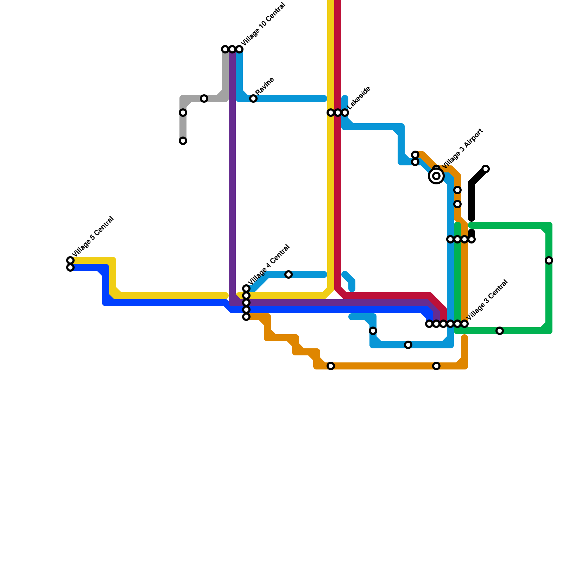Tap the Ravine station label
click(x=265, y=86)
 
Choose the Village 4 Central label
click(x=269, y=265)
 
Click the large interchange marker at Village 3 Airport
click(x=436, y=176)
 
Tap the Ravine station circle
click(x=253, y=99)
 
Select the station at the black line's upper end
click(x=486, y=169)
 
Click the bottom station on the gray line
click(x=183, y=141)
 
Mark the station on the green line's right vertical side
click(x=549, y=260)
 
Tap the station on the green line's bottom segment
click(x=500, y=331)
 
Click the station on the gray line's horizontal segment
click(x=204, y=99)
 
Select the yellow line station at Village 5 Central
click(x=70, y=260)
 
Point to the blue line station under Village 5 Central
click(x=70, y=268)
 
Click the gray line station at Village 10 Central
click(x=225, y=49)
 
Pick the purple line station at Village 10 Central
click(x=232, y=49)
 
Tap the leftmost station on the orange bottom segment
click(x=331, y=366)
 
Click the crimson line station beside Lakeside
click(x=338, y=113)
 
